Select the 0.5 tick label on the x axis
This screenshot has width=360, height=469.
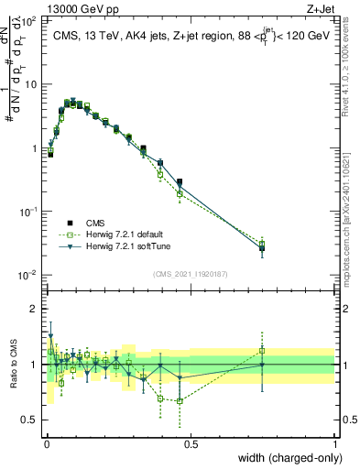(x=190, y=444)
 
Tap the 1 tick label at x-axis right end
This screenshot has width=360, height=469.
(x=334, y=444)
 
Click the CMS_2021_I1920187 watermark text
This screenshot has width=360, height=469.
(x=190, y=274)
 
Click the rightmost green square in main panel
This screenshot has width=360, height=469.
(x=262, y=244)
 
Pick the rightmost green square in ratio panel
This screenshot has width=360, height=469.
(x=262, y=350)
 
